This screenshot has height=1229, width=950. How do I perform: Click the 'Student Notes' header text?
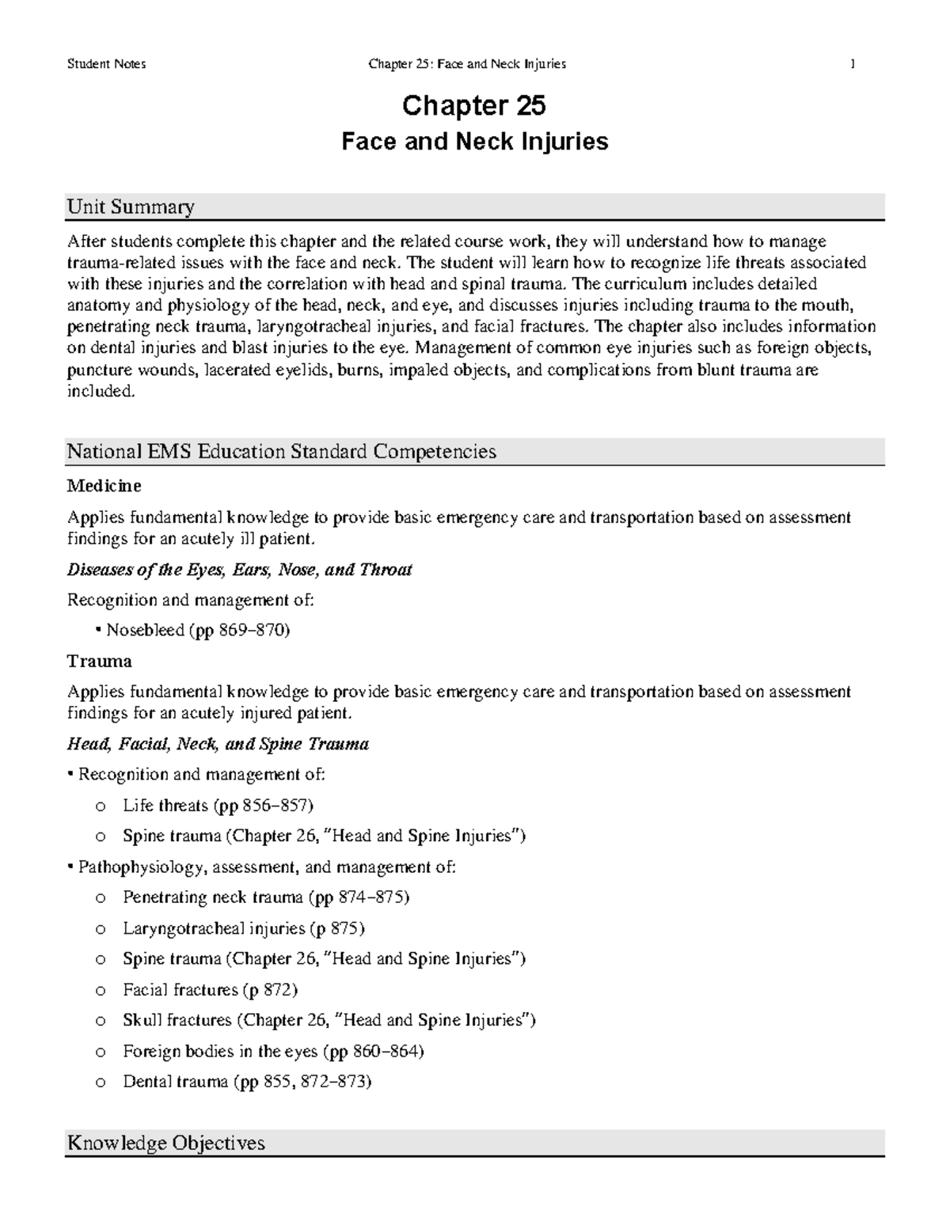(106, 64)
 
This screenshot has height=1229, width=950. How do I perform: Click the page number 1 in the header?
(853, 64)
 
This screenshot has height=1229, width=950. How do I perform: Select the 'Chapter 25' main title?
(474, 106)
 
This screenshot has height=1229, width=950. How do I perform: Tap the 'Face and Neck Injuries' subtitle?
(474, 142)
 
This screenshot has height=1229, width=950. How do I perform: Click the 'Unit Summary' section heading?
(131, 207)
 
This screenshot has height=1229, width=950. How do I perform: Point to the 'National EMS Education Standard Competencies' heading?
(281, 452)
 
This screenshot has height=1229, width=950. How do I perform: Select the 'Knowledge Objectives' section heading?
(166, 1144)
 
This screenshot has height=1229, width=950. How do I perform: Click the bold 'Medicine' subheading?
(104, 485)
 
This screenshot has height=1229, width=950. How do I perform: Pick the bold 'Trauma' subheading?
(99, 661)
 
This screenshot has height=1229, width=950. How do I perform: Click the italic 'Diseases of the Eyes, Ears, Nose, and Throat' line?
(239, 570)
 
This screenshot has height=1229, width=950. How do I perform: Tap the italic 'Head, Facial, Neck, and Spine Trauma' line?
(218, 744)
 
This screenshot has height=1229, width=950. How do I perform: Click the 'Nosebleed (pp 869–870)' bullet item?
(198, 631)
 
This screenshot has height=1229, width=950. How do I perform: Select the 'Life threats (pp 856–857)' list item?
(218, 806)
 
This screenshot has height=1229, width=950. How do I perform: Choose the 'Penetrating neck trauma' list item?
(265, 897)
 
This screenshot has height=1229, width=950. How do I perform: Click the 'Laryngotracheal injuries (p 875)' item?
(243, 928)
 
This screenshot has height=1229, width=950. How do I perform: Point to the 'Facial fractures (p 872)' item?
(210, 990)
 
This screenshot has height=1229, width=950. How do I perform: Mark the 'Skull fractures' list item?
(329, 1020)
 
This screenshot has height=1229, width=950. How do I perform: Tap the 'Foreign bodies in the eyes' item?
(273, 1052)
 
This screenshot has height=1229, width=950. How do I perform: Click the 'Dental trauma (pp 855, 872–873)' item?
(246, 1082)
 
